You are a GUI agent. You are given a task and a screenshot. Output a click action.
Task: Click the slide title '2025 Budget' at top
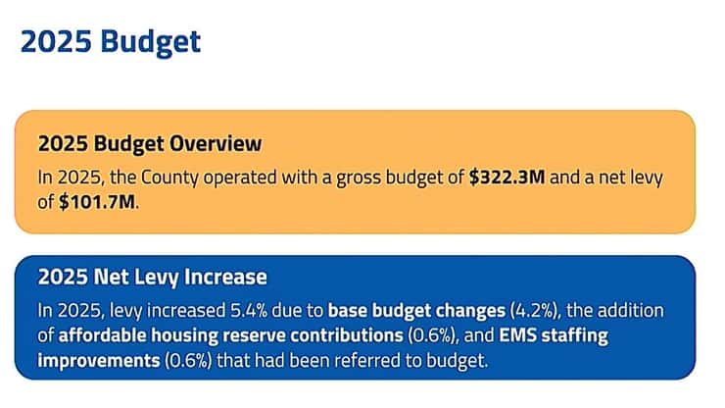coord(110,41)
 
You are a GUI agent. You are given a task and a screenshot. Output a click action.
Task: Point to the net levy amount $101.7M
coord(98,204)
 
